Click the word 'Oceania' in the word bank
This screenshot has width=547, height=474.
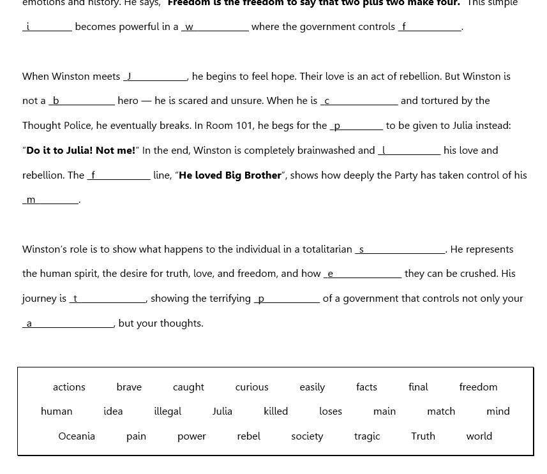[77, 436]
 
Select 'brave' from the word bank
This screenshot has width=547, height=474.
[129, 387]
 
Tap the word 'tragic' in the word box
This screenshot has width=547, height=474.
[367, 436]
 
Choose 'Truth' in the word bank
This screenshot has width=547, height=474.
[423, 436]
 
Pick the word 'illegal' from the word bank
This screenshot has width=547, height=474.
[167, 411]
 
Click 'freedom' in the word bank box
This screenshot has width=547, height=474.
[478, 387]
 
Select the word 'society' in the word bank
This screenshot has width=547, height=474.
[307, 436]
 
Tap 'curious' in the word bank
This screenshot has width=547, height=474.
[251, 387]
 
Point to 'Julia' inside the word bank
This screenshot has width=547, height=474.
[222, 411]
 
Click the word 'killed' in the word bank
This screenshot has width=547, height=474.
[276, 411]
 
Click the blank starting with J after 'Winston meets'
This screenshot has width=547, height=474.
[156, 77]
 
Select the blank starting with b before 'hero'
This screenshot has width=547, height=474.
[82, 101]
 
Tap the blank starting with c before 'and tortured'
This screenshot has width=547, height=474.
[359, 101]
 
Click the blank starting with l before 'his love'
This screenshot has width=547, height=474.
[409, 151]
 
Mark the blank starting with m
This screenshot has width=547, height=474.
[51, 200]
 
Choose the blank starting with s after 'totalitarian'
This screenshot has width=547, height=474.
[400, 249]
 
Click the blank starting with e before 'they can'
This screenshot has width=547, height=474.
[363, 274]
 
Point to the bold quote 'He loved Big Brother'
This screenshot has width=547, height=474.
[230, 175]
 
